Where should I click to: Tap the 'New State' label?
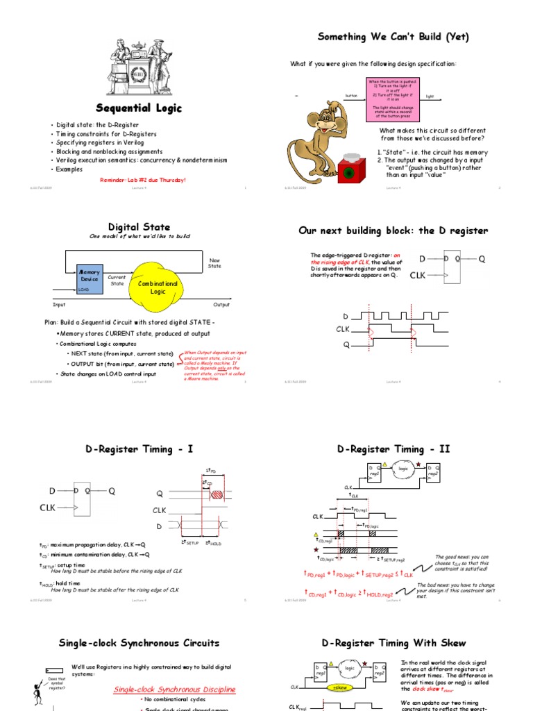[214, 263]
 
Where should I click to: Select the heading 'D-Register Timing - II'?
[394, 449]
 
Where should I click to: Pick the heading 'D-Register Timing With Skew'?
[394, 643]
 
